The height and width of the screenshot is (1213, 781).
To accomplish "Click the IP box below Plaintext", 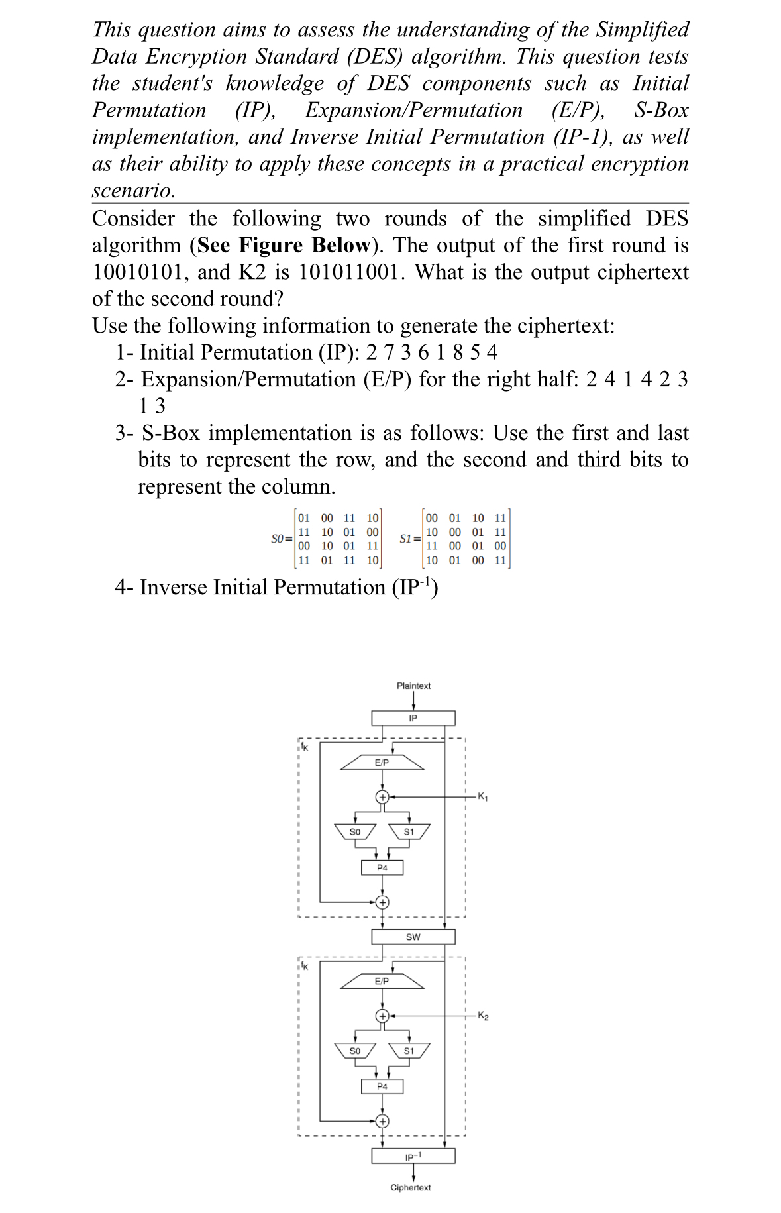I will pyautogui.click(x=413, y=718).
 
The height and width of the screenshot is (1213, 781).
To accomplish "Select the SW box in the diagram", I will pyautogui.click(x=413, y=937).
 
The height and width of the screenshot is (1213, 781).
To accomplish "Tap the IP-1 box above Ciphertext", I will pyautogui.click(x=413, y=1156).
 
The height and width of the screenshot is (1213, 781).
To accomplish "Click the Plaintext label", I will pyautogui.click(x=413, y=686).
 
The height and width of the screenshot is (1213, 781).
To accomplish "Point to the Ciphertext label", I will pyautogui.click(x=410, y=1188).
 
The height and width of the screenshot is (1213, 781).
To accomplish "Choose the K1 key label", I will pyautogui.click(x=482, y=796).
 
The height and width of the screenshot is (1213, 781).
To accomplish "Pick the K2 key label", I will pyautogui.click(x=483, y=1016).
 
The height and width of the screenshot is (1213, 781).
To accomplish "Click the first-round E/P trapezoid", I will pyautogui.click(x=382, y=763).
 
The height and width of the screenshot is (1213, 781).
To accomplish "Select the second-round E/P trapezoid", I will pyautogui.click(x=382, y=981).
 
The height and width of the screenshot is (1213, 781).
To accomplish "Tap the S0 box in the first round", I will pyautogui.click(x=355, y=831).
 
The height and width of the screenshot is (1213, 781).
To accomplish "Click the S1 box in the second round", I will pyautogui.click(x=409, y=1051).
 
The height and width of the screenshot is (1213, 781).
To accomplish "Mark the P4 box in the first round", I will pyautogui.click(x=382, y=867).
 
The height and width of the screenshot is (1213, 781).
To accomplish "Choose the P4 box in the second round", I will pyautogui.click(x=382, y=1086).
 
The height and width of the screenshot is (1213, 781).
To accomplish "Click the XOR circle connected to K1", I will pyautogui.click(x=382, y=796).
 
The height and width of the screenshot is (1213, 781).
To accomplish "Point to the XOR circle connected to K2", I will pyautogui.click(x=382, y=1016).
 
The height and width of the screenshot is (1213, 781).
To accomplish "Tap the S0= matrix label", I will pyautogui.click(x=282, y=539).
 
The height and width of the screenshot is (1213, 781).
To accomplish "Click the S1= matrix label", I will pyautogui.click(x=410, y=539).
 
